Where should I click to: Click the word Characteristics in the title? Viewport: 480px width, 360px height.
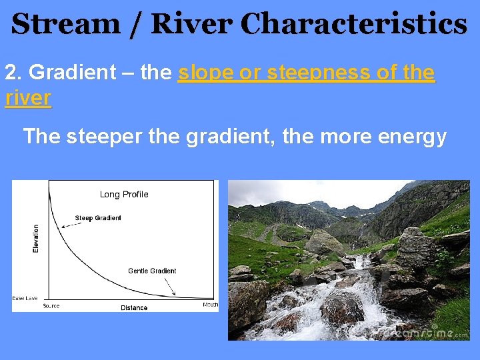(x=353, y=25)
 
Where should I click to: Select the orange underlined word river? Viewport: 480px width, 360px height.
(x=27, y=97)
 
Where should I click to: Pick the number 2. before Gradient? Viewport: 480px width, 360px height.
(x=14, y=72)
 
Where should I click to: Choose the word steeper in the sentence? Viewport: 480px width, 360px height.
(x=107, y=136)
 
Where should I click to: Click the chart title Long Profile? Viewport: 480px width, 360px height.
(x=124, y=195)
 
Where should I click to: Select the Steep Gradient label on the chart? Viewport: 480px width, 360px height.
(x=98, y=218)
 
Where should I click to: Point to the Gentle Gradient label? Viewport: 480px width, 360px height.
(x=152, y=271)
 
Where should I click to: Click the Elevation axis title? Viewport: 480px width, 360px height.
(x=36, y=238)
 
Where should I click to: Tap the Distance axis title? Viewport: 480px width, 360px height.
(x=134, y=307)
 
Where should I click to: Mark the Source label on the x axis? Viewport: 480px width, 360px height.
(x=51, y=306)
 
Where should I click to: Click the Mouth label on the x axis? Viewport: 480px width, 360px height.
(x=210, y=305)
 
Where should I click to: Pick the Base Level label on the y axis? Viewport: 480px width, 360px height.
(x=25, y=298)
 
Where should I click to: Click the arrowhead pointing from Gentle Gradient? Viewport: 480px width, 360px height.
(x=174, y=294)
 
